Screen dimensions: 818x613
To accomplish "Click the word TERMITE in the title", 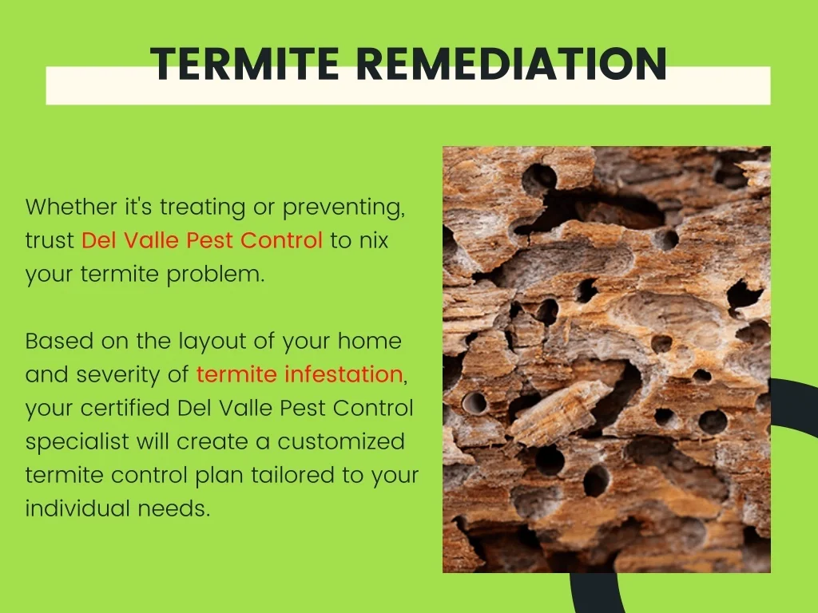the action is [x=244, y=63].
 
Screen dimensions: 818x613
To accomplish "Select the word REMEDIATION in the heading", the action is [x=512, y=63].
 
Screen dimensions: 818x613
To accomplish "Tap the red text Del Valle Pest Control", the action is [x=202, y=240].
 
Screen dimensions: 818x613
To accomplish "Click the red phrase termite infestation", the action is [x=300, y=374].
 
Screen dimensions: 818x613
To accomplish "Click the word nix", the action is [x=374, y=240].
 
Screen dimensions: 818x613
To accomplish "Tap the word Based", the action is [x=59, y=341].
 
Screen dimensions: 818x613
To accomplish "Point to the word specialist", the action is [x=77, y=442].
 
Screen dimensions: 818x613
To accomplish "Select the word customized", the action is [x=341, y=441].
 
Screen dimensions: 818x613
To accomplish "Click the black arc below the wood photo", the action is [x=594, y=593].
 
